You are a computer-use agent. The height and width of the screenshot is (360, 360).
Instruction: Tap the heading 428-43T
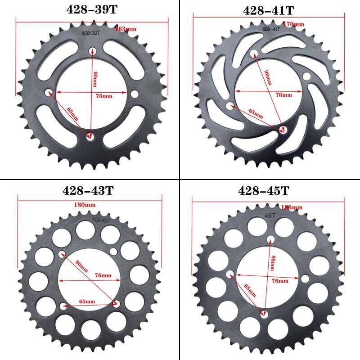(88, 190)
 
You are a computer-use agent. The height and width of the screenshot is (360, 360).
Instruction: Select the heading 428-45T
(264, 191)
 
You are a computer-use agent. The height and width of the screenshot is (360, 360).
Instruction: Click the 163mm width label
(126, 29)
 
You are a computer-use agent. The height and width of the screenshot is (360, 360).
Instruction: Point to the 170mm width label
(294, 23)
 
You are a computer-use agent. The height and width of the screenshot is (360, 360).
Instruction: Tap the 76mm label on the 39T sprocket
(104, 96)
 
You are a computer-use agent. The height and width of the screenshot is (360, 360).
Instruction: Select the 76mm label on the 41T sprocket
(283, 95)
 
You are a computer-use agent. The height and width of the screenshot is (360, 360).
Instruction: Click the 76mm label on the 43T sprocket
(103, 275)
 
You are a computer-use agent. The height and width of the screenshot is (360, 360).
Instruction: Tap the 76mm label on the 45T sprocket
(280, 281)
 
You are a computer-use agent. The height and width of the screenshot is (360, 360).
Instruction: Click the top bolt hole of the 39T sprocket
(92, 50)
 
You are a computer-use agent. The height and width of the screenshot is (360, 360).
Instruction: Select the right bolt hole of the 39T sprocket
(134, 93)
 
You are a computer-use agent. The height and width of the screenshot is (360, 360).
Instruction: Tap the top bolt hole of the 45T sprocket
(270, 239)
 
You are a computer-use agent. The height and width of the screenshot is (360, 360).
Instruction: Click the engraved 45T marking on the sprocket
(271, 216)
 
